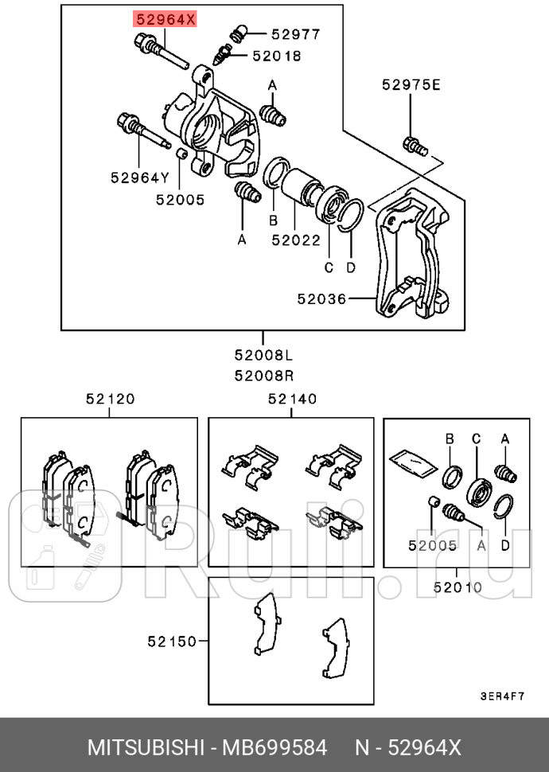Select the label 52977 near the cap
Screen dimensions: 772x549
point(295,34)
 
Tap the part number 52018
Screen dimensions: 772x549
point(277,56)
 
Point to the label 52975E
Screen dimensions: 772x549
point(410,85)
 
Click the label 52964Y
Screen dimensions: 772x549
point(141,177)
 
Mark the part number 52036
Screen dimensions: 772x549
point(321,299)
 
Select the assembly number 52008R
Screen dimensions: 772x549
point(263,374)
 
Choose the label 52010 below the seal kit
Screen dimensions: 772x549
point(457,587)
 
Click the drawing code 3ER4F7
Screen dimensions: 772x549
point(501,695)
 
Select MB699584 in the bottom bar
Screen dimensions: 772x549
point(274,748)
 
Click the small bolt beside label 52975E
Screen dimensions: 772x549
point(415,146)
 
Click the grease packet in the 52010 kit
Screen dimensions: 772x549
point(413,462)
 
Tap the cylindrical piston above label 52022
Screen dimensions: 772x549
point(302,186)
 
